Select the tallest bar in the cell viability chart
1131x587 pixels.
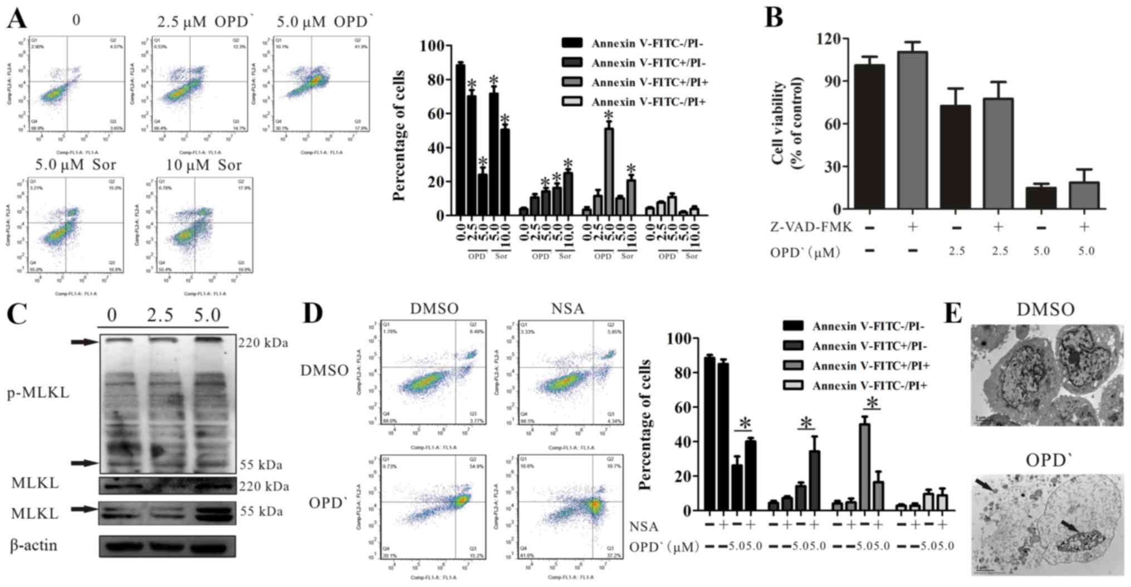[x=912, y=130]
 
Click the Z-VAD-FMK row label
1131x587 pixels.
[x=807, y=227]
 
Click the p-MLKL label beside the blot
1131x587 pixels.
[x=38, y=393]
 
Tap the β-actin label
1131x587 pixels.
[x=34, y=545]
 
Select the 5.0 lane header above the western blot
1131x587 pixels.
[x=208, y=315]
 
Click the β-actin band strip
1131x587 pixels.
[x=167, y=546]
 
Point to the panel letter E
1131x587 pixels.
[x=953, y=313]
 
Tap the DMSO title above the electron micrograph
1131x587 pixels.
[x=1045, y=310]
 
